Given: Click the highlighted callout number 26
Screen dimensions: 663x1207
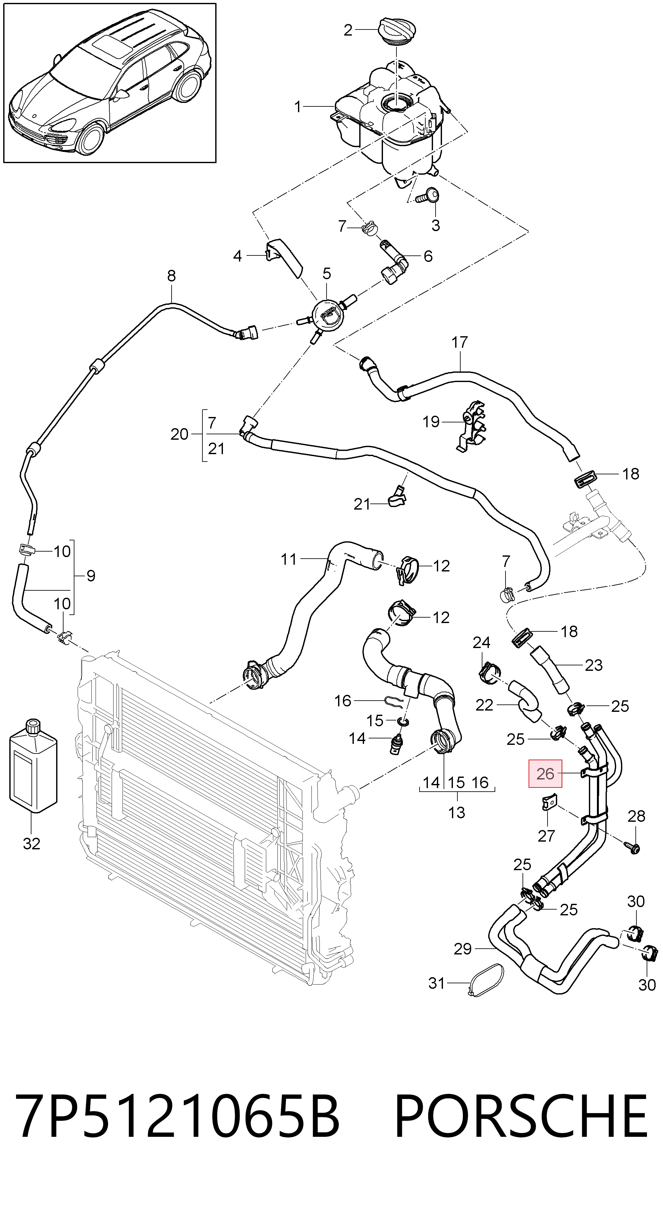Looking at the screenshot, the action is [545, 774].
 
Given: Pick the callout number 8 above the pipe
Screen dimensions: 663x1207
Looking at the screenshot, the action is [171, 276].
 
